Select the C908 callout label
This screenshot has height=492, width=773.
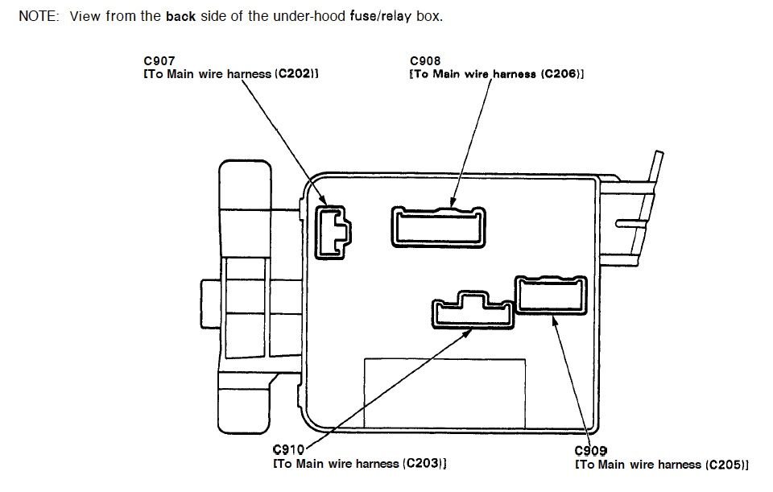tap(424, 60)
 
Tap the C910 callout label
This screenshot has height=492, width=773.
tap(288, 449)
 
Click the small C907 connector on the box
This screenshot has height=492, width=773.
tap(332, 234)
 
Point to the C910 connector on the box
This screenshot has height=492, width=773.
tap(473, 311)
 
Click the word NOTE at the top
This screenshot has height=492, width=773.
tap(36, 16)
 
